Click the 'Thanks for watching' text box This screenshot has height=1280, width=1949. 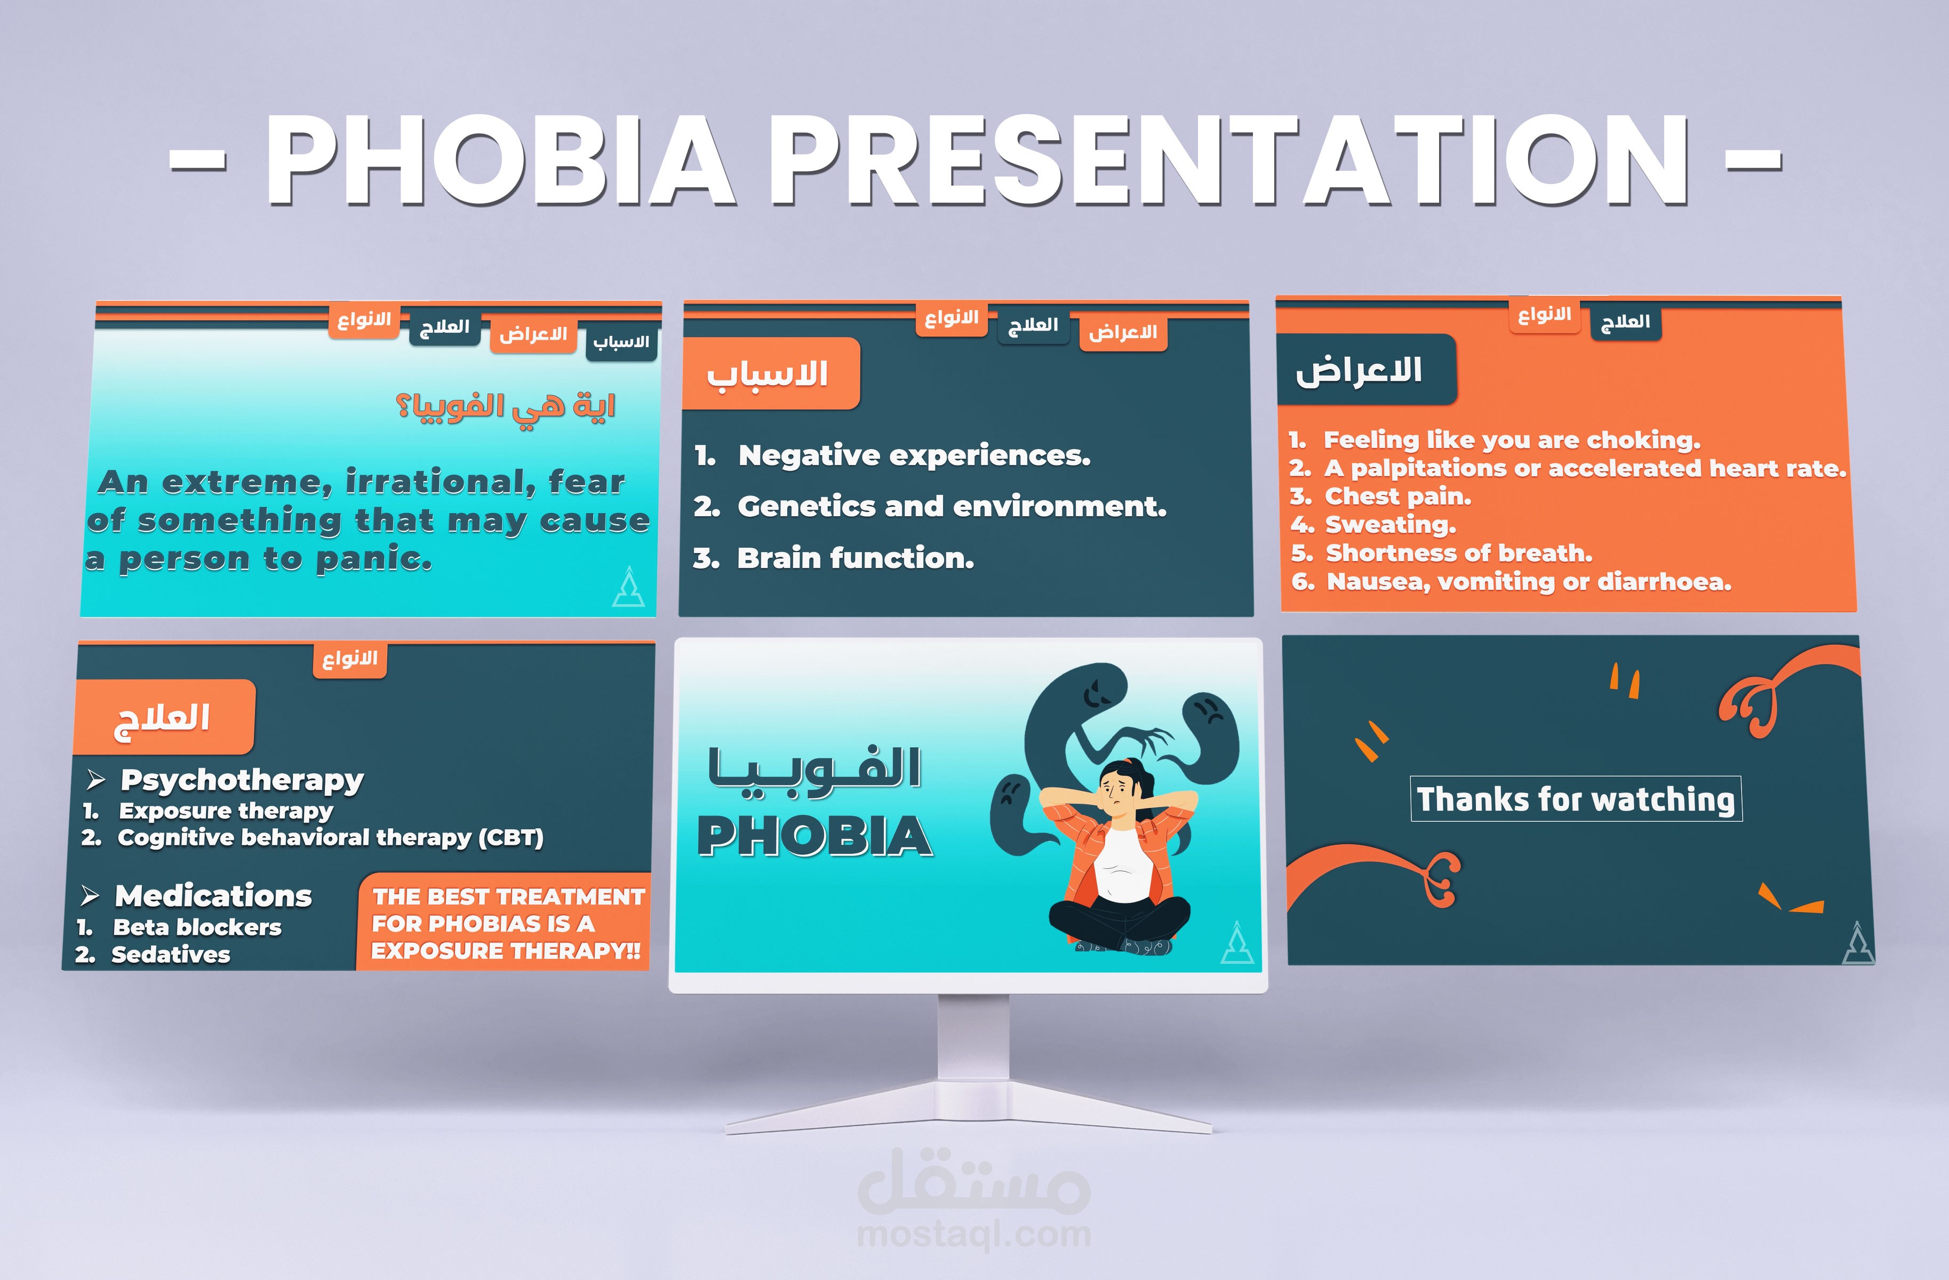pyautogui.click(x=1576, y=798)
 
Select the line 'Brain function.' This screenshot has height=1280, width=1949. pyautogui.click(x=855, y=558)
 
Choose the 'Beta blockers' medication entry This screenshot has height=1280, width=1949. pyautogui.click(x=196, y=927)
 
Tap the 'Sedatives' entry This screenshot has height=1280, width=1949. pyautogui.click(x=170, y=954)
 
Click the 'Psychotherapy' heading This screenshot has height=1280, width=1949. pyautogui.click(x=242, y=780)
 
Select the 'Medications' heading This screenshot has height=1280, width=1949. pyautogui.click(x=213, y=895)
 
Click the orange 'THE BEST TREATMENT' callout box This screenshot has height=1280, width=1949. pyautogui.click(x=505, y=923)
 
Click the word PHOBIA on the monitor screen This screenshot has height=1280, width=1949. pyautogui.click(x=815, y=837)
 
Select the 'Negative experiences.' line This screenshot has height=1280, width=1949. pyautogui.click(x=914, y=455)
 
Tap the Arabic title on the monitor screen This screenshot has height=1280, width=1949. pyautogui.click(x=815, y=768)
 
